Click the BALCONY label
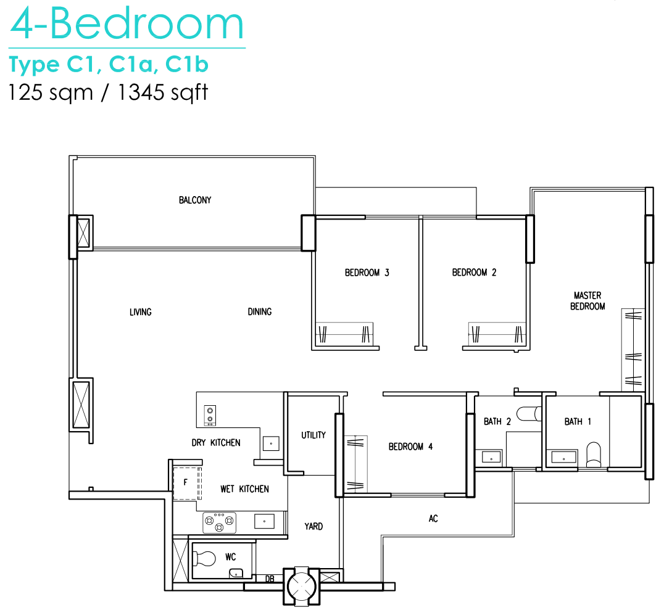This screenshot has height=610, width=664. (x=195, y=200)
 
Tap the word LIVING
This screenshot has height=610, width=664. (x=141, y=313)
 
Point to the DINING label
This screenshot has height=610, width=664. (x=260, y=312)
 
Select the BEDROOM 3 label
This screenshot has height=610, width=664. (x=367, y=273)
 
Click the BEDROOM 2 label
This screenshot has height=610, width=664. (x=474, y=273)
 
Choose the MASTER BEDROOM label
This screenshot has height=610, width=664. (x=587, y=301)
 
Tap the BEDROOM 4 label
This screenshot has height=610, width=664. (x=410, y=447)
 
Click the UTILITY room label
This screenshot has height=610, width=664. (x=313, y=435)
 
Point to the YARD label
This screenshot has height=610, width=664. (x=313, y=527)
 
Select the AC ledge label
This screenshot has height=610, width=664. (x=433, y=519)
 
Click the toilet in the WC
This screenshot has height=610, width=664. (x=204, y=558)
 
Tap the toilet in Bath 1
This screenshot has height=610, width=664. (x=594, y=455)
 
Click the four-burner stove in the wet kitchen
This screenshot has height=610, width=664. (x=219, y=522)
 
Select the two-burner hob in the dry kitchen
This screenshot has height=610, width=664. (x=210, y=415)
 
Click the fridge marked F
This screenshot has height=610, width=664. (x=187, y=484)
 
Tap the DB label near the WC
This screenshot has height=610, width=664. (x=269, y=579)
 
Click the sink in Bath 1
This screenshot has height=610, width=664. (x=563, y=458)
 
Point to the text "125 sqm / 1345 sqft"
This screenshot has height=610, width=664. (x=109, y=93)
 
